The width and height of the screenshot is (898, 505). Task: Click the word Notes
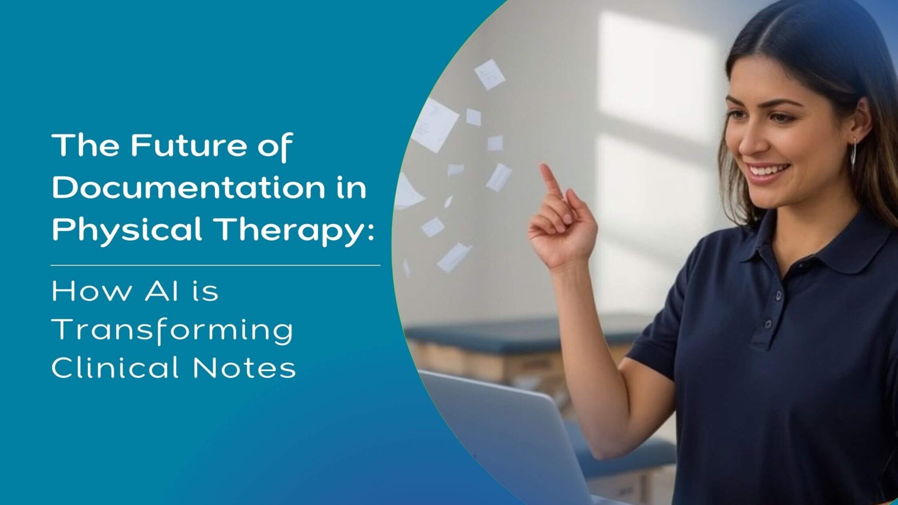tap(244, 367)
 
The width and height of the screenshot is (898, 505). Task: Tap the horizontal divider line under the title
tap(215, 265)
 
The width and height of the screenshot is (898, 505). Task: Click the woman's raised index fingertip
tap(545, 168)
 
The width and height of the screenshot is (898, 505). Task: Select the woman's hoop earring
tap(853, 151)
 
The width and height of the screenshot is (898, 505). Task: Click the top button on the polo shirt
tap(778, 296)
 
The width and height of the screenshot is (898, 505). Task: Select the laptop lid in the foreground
tap(504, 434)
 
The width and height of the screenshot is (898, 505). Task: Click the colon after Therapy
tap(371, 231)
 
